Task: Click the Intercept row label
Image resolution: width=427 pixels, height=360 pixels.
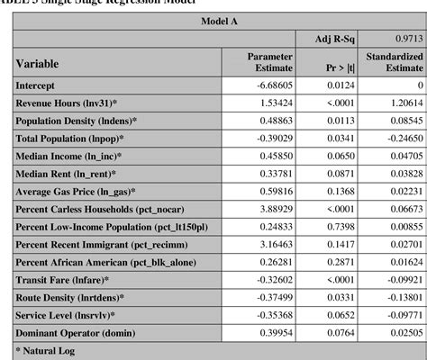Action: pyautogui.click(x=41, y=85)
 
